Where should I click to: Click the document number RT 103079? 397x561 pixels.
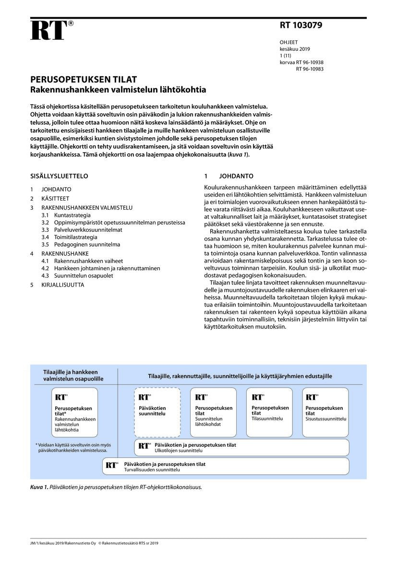pyautogui.click(x=301, y=25)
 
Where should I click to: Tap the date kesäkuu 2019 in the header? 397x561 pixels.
pyautogui.click(x=295, y=49)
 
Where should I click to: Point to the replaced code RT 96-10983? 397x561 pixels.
pyautogui.click(x=310, y=69)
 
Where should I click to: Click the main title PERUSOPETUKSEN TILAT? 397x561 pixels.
pyautogui.click(x=84, y=80)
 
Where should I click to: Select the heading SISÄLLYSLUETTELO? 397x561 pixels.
pyautogui.click(x=59, y=176)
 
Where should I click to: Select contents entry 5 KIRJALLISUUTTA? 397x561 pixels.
pyautogui.click(x=57, y=285)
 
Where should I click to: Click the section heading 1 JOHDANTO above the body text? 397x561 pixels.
pyautogui.click(x=229, y=176)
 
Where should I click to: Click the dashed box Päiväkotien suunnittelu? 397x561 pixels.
pyautogui.click(x=157, y=411)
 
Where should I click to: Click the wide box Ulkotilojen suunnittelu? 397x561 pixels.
pyautogui.click(x=241, y=448)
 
